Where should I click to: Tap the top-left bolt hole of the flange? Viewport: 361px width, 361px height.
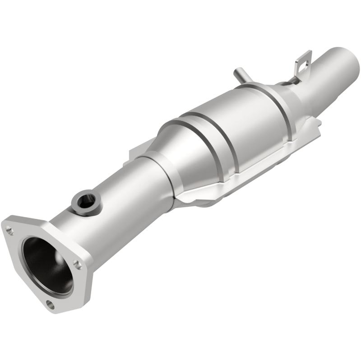coord(10,231)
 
